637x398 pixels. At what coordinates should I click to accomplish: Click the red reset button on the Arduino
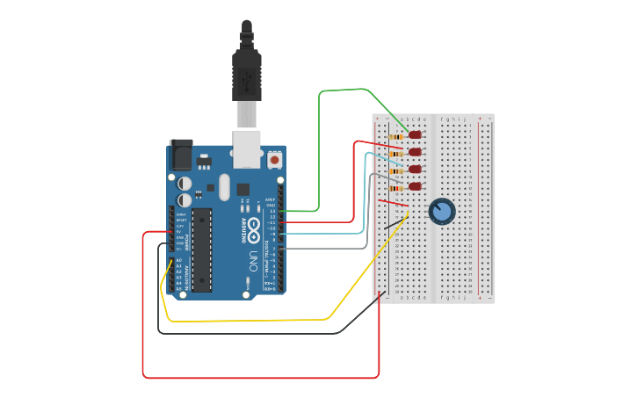pos(275,161)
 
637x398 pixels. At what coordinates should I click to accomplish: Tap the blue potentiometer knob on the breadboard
pos(442,211)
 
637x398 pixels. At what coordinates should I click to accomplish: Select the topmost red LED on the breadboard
pos(416,135)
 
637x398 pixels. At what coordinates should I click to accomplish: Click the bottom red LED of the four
pos(416,186)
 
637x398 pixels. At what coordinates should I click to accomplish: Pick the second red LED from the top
pos(416,152)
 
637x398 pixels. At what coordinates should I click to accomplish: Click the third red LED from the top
pos(416,170)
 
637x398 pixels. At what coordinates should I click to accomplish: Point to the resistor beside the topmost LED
pos(398,136)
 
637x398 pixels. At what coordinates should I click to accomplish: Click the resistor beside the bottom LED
pos(397,187)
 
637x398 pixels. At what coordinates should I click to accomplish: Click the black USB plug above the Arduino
pos(247,75)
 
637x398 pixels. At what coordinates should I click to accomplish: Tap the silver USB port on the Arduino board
pos(247,148)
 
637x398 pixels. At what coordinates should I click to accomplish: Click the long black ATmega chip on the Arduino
pos(202,250)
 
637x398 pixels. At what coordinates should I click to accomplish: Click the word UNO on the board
pos(253,261)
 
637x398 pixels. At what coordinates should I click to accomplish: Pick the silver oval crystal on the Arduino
pos(224,186)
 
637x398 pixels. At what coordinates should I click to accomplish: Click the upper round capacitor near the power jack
pos(185,184)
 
